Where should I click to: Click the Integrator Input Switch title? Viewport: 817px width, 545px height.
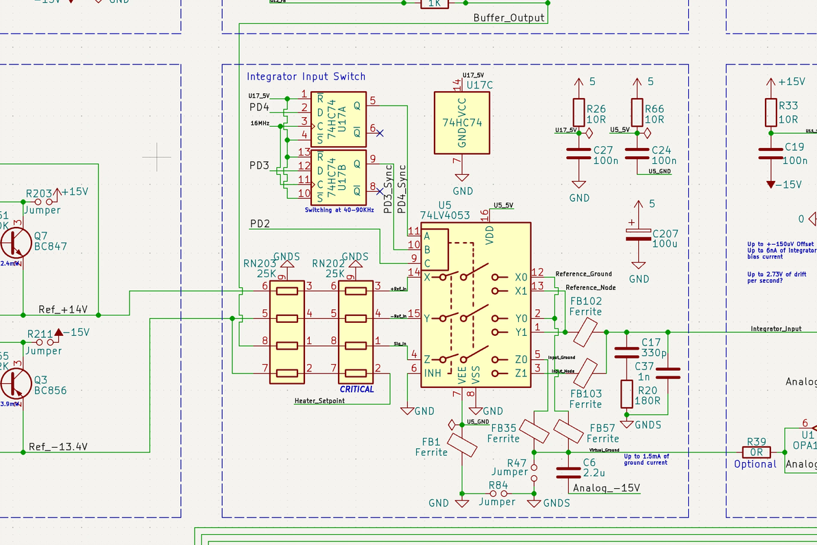click(x=306, y=77)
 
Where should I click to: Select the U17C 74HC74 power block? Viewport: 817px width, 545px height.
click(x=462, y=122)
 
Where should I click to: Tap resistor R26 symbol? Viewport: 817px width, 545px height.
click(x=579, y=112)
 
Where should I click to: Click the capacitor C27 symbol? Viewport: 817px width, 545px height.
click(x=579, y=154)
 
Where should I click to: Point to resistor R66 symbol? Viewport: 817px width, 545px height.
click(x=637, y=112)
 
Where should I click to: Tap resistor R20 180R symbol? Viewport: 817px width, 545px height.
click(x=626, y=394)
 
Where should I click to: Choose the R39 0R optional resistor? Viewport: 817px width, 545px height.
click(x=756, y=452)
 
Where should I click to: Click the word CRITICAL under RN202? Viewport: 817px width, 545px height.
click(x=357, y=389)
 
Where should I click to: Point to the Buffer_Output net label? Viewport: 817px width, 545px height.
click(x=509, y=18)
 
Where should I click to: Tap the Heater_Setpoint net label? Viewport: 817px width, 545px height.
click(x=319, y=401)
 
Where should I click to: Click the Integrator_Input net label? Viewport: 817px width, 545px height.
click(x=776, y=329)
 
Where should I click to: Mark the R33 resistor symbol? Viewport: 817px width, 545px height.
click(x=771, y=112)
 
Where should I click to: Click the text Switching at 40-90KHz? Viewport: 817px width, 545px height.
click(x=339, y=210)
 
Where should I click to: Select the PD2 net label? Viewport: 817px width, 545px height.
click(x=260, y=223)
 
